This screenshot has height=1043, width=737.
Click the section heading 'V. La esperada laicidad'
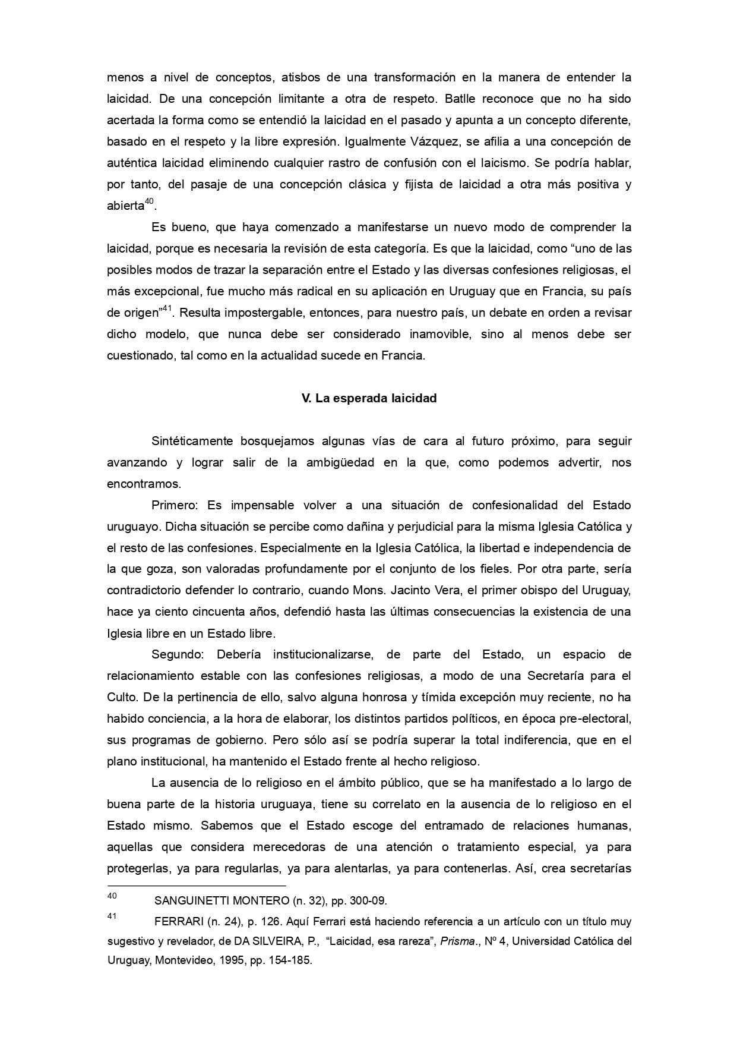369,399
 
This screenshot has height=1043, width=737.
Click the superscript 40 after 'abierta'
150,202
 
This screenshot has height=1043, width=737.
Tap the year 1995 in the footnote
224,960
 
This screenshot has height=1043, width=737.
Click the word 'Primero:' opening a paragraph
175,505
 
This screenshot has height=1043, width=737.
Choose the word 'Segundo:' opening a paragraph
178,655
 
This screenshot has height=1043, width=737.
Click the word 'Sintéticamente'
192,442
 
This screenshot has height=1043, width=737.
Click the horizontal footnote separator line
196,886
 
